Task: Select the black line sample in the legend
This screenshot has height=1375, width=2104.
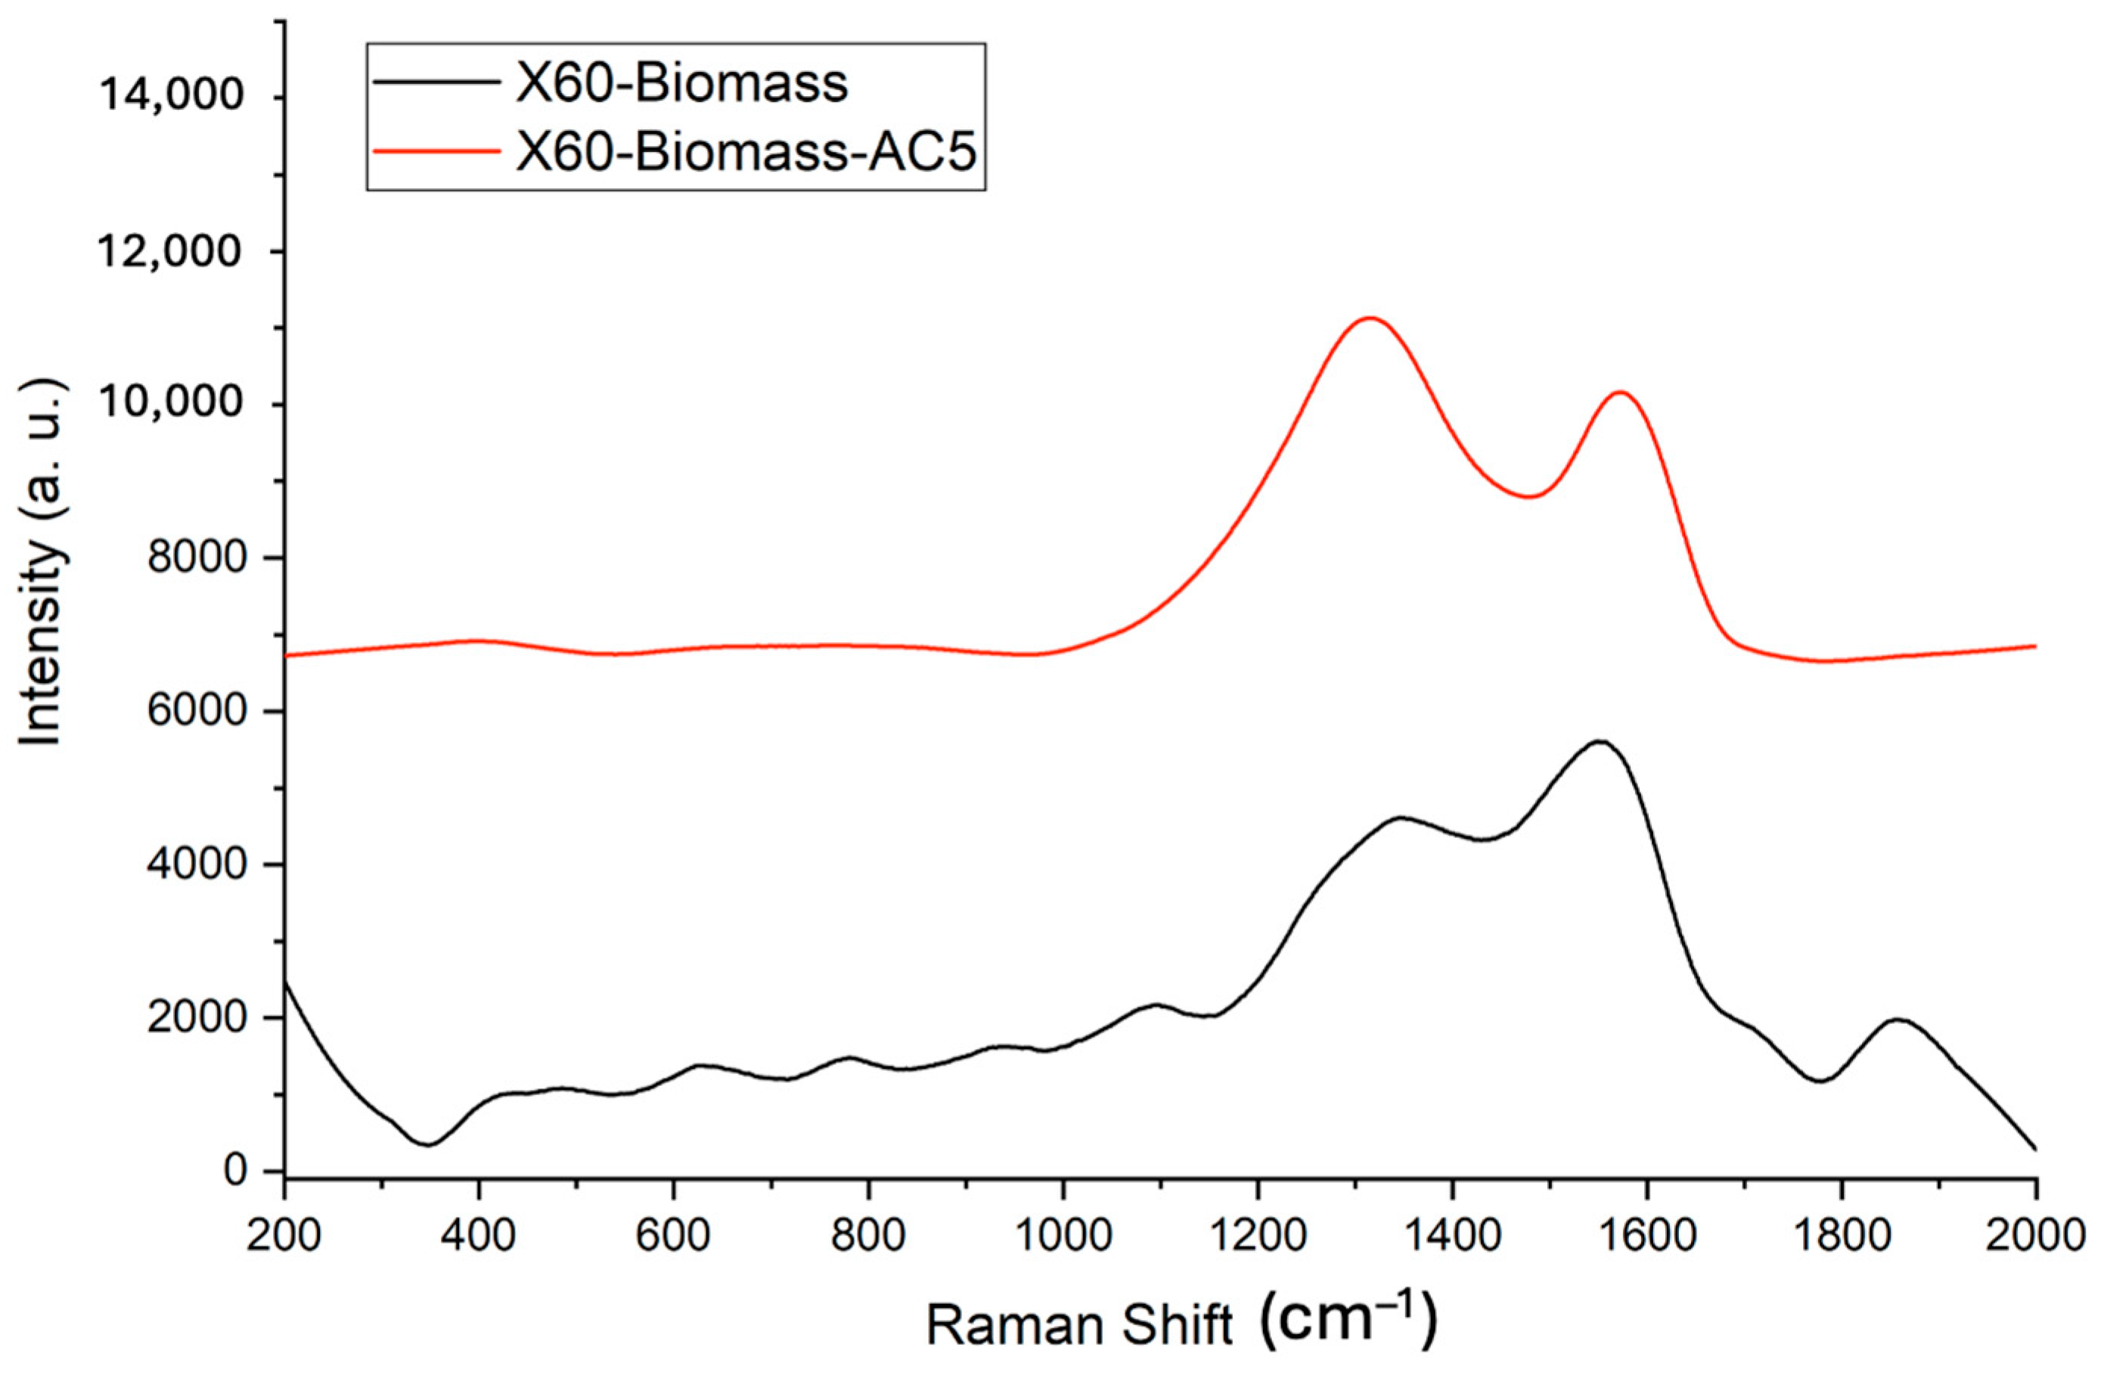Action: tap(436, 82)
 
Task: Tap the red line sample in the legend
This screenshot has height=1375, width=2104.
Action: tap(436, 151)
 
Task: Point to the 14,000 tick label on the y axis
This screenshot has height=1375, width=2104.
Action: tap(171, 95)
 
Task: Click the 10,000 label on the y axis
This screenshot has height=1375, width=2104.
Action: tap(171, 403)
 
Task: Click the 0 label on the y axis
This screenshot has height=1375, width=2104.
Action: tap(235, 1170)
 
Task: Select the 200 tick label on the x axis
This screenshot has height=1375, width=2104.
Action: tap(284, 1235)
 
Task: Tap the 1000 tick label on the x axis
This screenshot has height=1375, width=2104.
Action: tap(1063, 1235)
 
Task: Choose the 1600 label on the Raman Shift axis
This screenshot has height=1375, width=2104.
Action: tap(1646, 1235)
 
